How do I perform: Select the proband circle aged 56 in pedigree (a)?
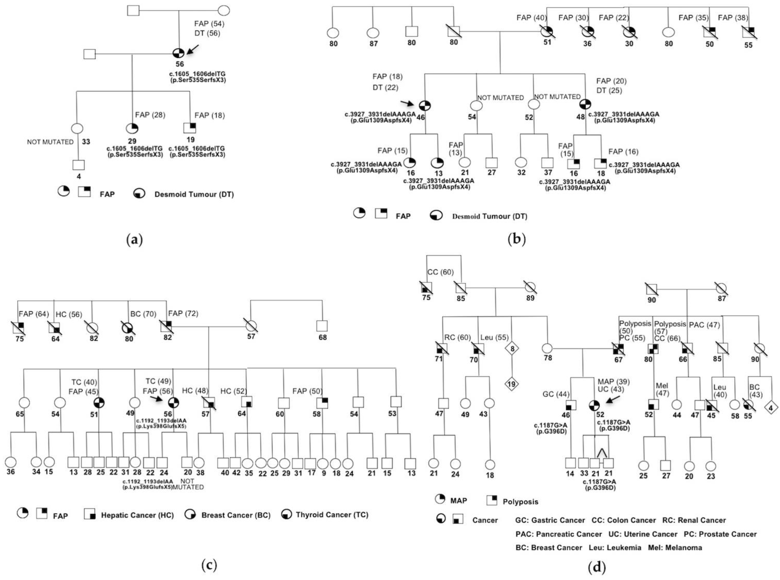click(179, 53)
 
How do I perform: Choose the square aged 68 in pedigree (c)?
click(322, 326)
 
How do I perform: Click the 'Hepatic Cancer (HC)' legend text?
click(137, 515)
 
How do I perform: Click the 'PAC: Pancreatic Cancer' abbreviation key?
click(559, 534)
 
